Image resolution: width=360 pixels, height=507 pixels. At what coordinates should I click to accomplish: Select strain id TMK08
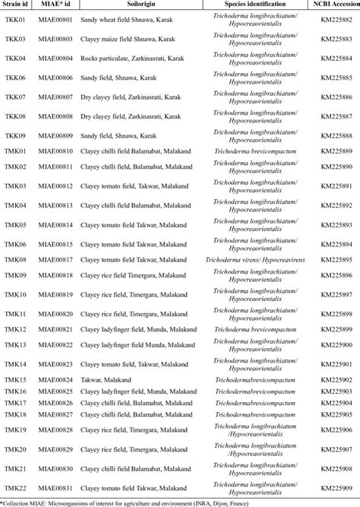coord(16,260)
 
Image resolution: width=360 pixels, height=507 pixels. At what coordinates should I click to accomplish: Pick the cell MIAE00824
coord(58,379)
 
